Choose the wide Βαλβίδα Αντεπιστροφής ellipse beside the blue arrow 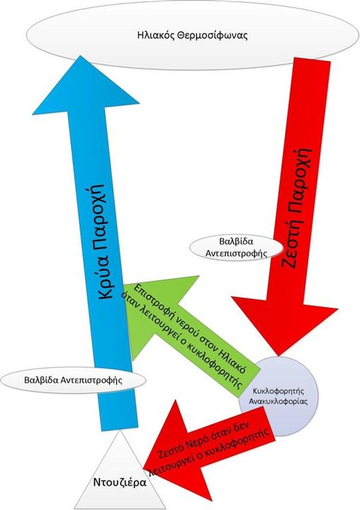click(73, 380)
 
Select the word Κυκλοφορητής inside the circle click(278, 390)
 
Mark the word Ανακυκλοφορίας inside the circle click(278, 401)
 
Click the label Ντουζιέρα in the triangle click(120, 482)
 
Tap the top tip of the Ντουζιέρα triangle click(120, 430)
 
